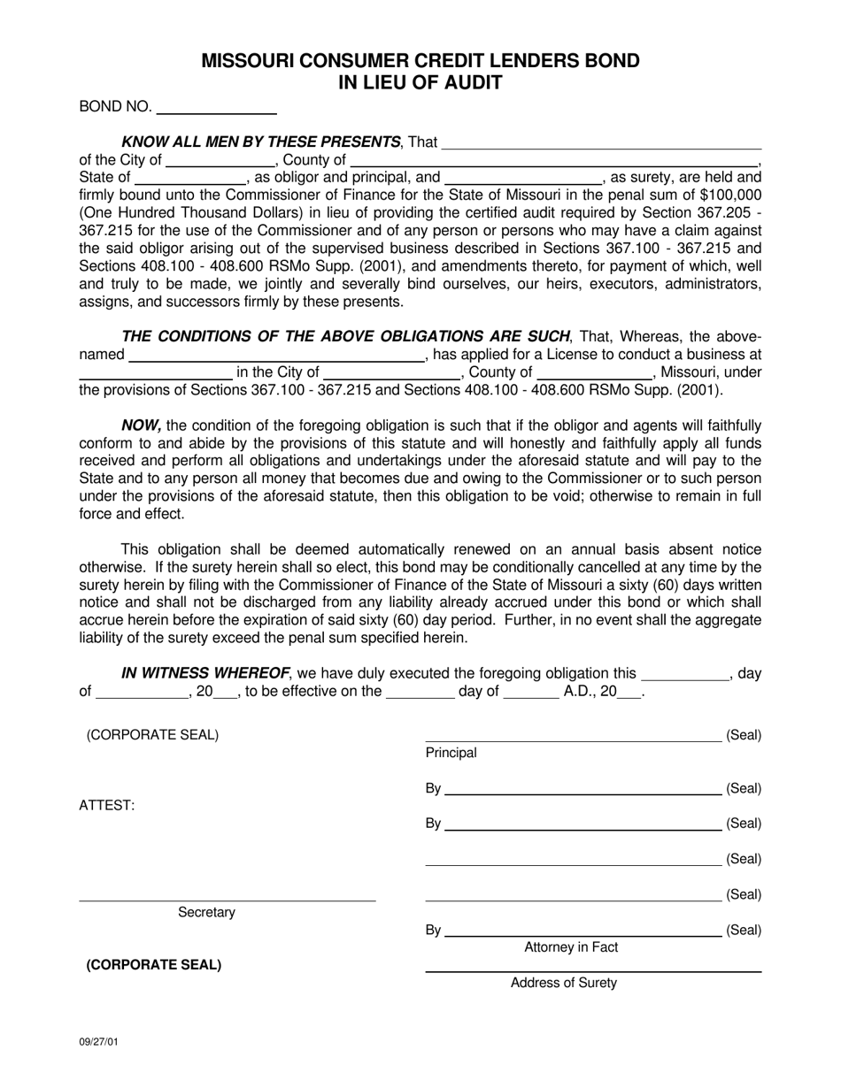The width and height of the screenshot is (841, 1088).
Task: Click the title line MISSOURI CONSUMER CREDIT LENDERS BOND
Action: click(x=420, y=61)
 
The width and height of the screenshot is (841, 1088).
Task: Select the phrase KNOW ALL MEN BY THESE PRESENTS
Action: click(x=260, y=142)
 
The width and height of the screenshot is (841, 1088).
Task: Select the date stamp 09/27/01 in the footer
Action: click(x=98, y=1041)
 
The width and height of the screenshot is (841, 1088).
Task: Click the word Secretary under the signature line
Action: click(x=206, y=912)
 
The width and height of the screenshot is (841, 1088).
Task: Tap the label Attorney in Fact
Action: click(x=571, y=947)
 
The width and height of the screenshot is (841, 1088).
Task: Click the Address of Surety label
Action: click(x=564, y=983)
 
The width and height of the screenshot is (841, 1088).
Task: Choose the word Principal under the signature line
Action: click(x=451, y=753)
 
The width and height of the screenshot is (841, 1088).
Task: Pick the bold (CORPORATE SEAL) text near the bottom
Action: click(x=153, y=964)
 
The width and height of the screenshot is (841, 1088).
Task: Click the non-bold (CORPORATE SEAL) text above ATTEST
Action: click(x=152, y=735)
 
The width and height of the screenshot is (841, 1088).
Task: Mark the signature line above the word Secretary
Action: click(x=228, y=900)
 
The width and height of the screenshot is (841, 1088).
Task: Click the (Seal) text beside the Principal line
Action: click(x=744, y=735)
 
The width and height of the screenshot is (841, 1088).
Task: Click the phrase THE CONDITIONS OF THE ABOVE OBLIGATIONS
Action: click(x=345, y=336)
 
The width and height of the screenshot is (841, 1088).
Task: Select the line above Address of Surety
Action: click(x=593, y=971)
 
